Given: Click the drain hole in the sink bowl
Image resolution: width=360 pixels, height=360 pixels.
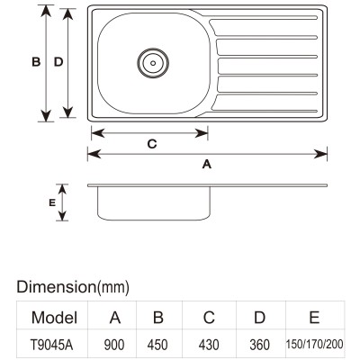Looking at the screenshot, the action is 153,63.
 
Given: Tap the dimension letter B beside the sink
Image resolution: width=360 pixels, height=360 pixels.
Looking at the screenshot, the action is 36,62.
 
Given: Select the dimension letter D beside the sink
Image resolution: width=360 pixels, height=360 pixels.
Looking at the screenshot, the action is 58,62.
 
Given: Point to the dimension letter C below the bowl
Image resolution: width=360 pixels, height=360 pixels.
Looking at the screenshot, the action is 152,144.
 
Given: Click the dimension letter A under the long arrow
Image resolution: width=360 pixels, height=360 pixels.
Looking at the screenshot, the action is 207,164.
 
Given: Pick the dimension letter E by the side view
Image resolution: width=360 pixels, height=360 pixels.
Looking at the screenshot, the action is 52,203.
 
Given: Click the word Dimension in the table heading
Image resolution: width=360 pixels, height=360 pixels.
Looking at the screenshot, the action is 56,286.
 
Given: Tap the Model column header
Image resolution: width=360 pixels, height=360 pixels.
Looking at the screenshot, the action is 54,318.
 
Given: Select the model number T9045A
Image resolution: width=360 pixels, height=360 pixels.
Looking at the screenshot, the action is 51,345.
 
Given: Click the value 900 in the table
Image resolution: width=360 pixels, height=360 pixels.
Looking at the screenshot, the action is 114,345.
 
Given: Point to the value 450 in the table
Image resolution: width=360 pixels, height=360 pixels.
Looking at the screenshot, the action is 157,345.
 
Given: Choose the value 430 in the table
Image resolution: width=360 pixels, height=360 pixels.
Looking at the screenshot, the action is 209,345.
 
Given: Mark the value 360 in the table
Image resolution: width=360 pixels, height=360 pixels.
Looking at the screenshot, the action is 260,345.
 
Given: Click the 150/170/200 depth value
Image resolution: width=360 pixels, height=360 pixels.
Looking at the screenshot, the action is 314,345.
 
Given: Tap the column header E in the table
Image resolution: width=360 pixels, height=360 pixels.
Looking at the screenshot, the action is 314,317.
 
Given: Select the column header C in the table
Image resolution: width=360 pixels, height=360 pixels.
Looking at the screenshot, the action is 209,318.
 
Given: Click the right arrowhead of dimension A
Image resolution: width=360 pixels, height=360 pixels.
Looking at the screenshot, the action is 320,154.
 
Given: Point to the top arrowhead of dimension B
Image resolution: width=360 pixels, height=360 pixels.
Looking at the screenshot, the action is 46,12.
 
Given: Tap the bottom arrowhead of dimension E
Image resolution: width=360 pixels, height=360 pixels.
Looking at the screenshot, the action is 62,215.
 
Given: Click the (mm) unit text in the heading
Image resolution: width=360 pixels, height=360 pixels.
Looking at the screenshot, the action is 112,287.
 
